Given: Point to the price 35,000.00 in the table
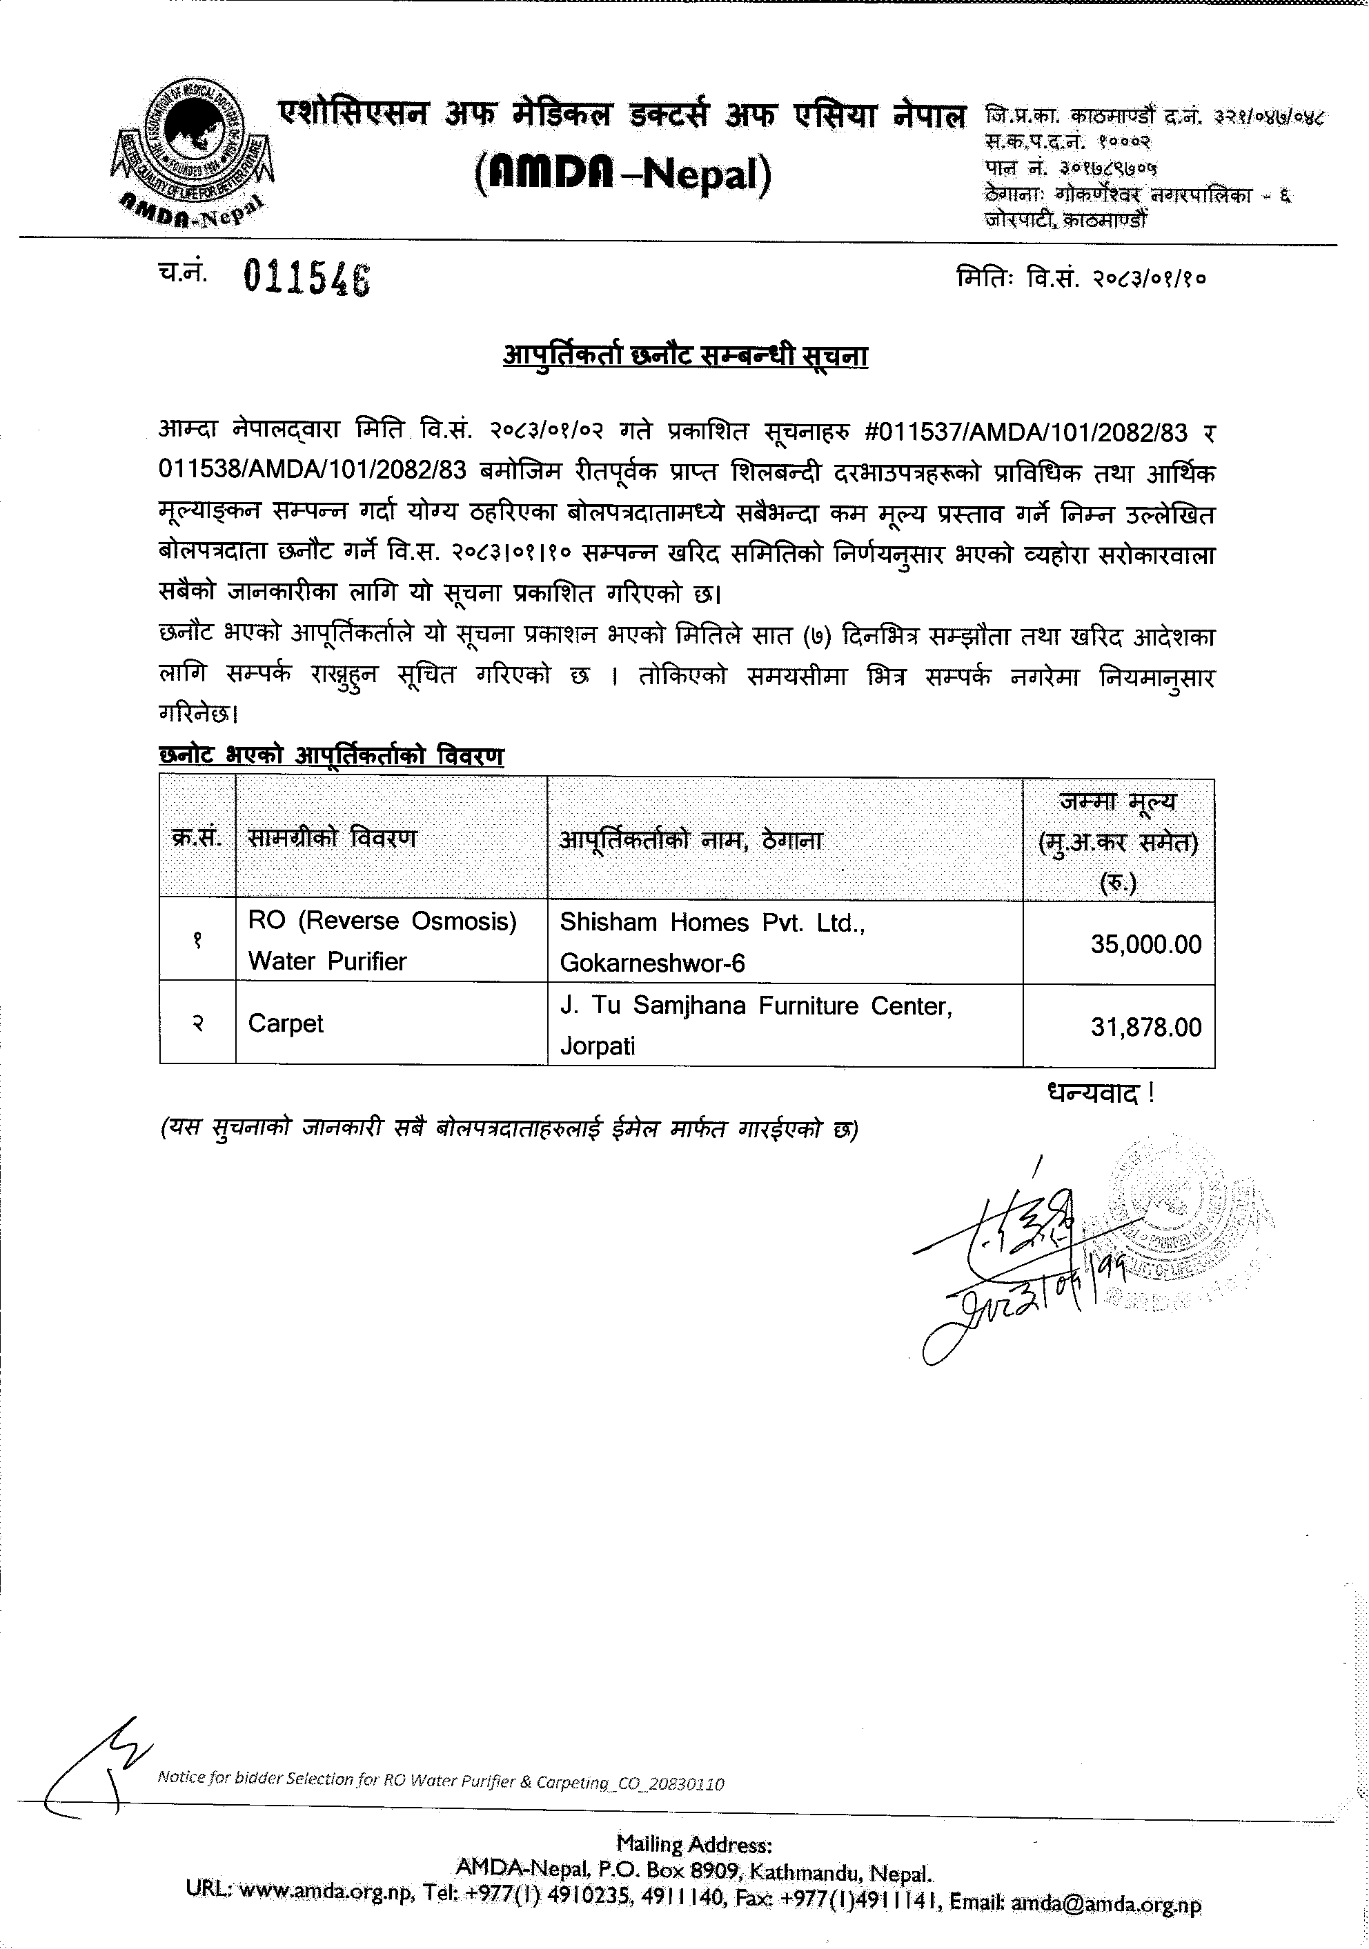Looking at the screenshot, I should pos(1145,944).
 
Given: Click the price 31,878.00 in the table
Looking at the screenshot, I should pos(1145,1027).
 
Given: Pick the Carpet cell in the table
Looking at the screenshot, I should pos(286,1023).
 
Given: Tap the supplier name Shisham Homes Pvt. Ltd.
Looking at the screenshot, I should pos(711,923).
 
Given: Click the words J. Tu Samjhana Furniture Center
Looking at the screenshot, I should pos(755,1006).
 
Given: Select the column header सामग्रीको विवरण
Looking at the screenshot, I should pos(332,839).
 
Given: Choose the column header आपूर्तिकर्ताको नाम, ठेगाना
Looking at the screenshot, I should pos(691,841).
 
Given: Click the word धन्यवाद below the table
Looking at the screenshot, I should pos(1092,1092).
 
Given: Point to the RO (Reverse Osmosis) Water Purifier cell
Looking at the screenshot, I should pos(382,941).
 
